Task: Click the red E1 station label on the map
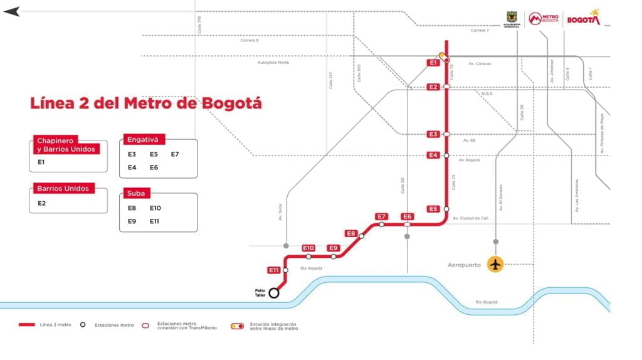(433, 63)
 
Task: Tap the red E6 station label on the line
(408, 216)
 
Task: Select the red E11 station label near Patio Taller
(273, 270)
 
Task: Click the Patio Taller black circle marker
(274, 293)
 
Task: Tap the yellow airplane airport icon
(496, 265)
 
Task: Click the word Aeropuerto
(465, 265)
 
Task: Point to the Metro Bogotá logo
(544, 19)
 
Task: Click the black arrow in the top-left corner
(11, 11)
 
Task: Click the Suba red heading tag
(136, 193)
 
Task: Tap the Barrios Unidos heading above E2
(63, 188)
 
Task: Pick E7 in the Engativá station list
(175, 154)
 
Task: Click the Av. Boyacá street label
(469, 161)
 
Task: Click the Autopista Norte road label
(273, 63)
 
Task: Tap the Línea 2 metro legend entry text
(56, 325)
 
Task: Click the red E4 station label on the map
(433, 155)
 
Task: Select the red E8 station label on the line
(351, 234)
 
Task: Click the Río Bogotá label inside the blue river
(487, 302)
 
